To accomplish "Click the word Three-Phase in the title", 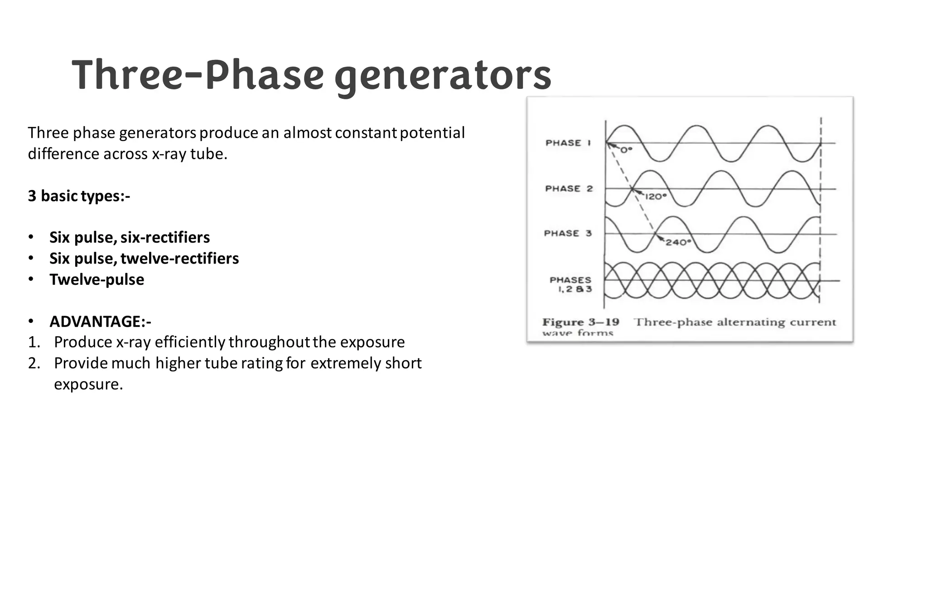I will click(197, 75).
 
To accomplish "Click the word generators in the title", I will click(443, 77).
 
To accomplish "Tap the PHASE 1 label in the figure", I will click(568, 143).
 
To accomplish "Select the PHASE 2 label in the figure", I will click(569, 189).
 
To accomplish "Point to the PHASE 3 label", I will click(568, 234).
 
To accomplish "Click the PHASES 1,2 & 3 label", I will click(570, 284).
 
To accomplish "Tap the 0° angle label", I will click(626, 151).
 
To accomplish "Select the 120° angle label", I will click(656, 197).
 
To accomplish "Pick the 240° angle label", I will click(678, 243).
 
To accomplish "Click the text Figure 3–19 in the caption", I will click(580, 322).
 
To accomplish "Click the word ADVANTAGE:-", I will click(100, 322).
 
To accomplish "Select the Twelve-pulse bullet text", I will click(97, 279).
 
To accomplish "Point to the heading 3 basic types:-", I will click(79, 196).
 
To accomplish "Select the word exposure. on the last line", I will click(88, 384).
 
